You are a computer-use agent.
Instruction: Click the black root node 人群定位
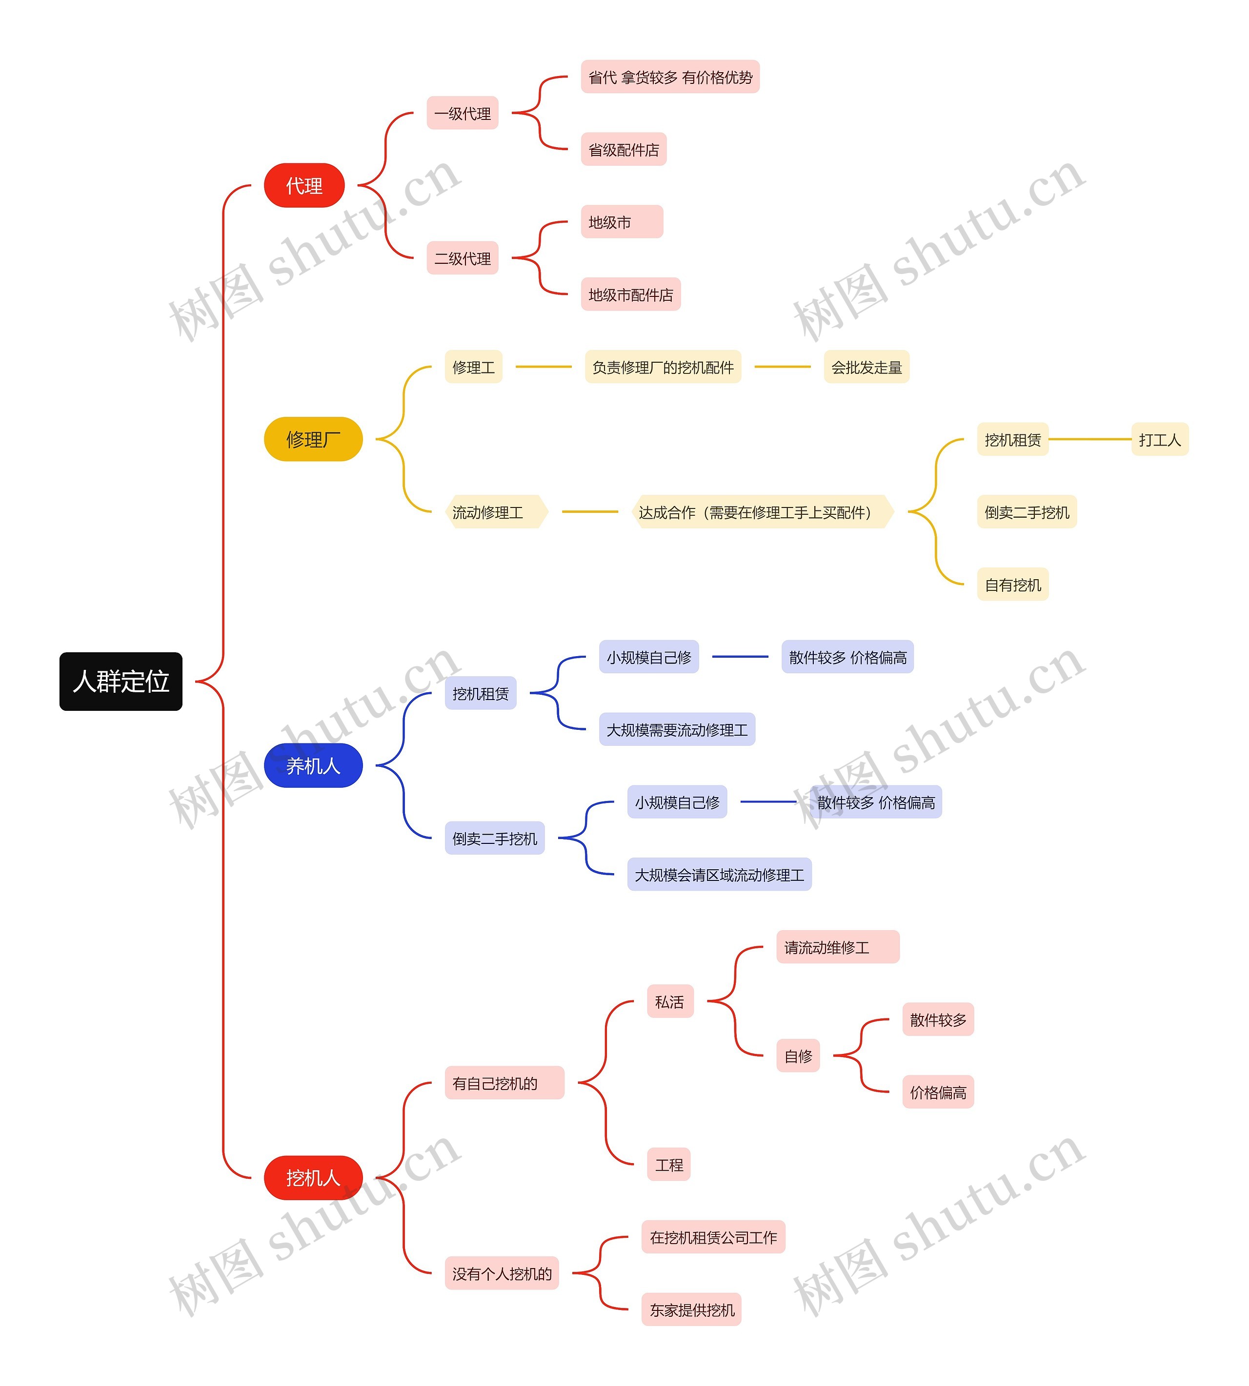tap(121, 681)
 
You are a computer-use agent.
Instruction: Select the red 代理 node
tap(304, 185)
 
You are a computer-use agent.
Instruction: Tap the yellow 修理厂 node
tap(313, 439)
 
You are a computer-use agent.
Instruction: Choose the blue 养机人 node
tap(313, 765)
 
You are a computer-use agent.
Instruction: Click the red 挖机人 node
tap(313, 1177)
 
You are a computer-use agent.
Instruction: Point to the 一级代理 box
tap(463, 113)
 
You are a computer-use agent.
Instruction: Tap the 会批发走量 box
tap(866, 367)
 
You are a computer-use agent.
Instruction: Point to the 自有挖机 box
tap(1013, 585)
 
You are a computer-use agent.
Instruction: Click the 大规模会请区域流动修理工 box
tap(719, 875)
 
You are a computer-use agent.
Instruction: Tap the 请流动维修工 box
tap(837, 947)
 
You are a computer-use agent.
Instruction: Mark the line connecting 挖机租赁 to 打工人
tap(1090, 439)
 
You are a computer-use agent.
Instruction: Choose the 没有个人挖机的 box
tap(502, 1273)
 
